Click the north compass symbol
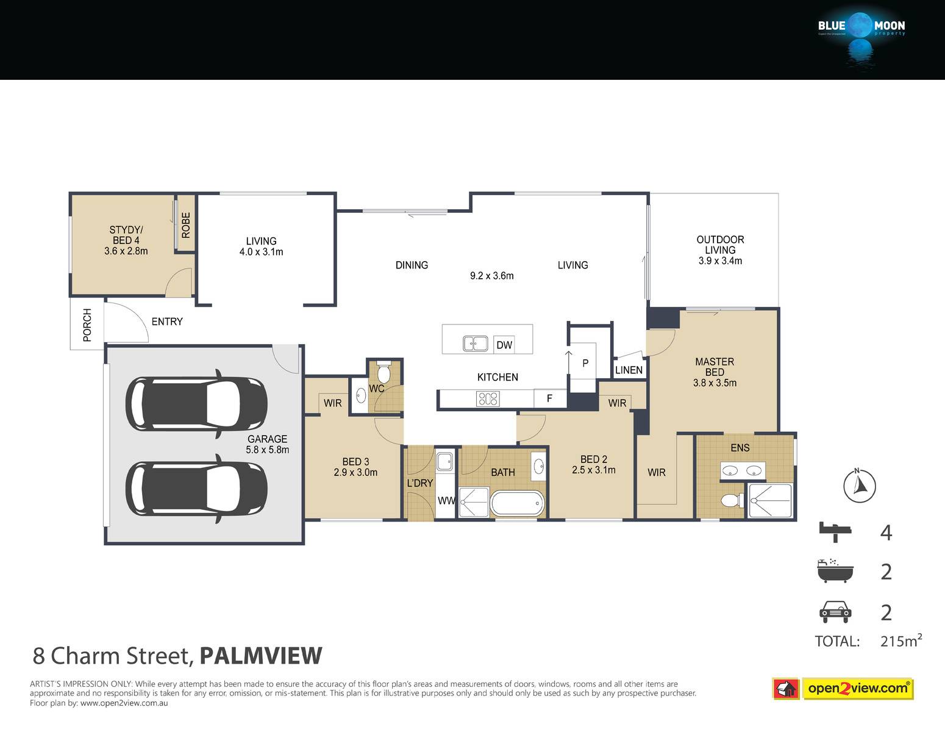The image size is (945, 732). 859,486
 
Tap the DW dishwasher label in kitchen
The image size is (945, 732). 504,345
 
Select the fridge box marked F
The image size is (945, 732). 550,398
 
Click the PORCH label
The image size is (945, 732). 87,325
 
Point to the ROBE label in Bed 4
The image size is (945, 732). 186,225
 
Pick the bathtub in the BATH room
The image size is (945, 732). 517,504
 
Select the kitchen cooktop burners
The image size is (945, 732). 488,398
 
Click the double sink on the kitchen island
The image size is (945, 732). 475,343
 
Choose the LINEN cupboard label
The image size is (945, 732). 629,370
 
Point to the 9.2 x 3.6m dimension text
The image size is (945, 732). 491,276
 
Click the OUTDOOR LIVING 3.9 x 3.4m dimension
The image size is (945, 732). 720,261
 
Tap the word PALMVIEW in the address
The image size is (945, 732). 261,656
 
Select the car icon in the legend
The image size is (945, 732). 835,612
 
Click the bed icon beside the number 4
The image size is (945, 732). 835,532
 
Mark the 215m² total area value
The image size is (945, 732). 901,640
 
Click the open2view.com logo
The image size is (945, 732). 843,689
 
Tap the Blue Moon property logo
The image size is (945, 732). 861,37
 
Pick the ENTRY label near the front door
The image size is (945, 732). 167,321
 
